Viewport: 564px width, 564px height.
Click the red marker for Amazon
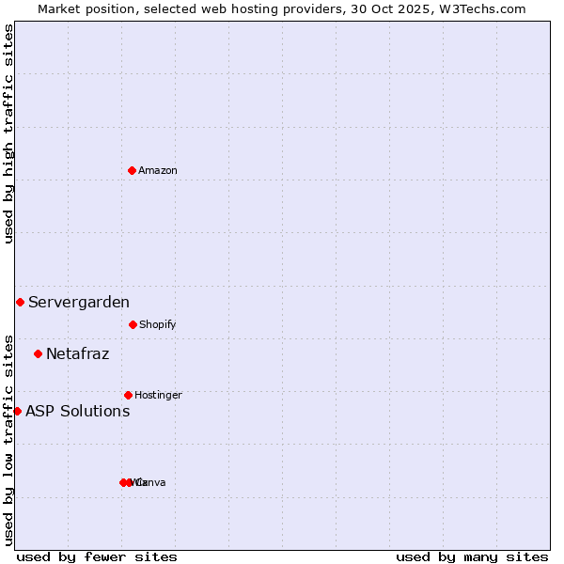point(133,170)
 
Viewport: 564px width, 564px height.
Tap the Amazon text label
point(158,171)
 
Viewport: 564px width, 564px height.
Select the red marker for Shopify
point(133,324)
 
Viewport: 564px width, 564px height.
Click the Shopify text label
point(158,325)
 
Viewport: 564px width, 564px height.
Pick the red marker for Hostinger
point(128,395)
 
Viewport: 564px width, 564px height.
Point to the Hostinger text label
point(158,396)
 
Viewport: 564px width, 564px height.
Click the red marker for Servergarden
point(20,302)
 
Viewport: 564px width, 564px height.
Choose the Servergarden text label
point(79,303)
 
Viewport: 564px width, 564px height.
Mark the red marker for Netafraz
point(38,353)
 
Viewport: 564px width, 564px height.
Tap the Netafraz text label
point(77,354)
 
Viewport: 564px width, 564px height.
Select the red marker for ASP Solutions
point(17,411)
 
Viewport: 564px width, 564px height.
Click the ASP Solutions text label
point(77,412)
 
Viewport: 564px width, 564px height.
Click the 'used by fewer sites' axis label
point(97,557)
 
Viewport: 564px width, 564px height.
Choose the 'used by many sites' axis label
point(472,557)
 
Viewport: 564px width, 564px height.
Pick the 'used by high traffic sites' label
point(9,133)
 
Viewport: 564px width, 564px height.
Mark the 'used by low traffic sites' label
point(9,440)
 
